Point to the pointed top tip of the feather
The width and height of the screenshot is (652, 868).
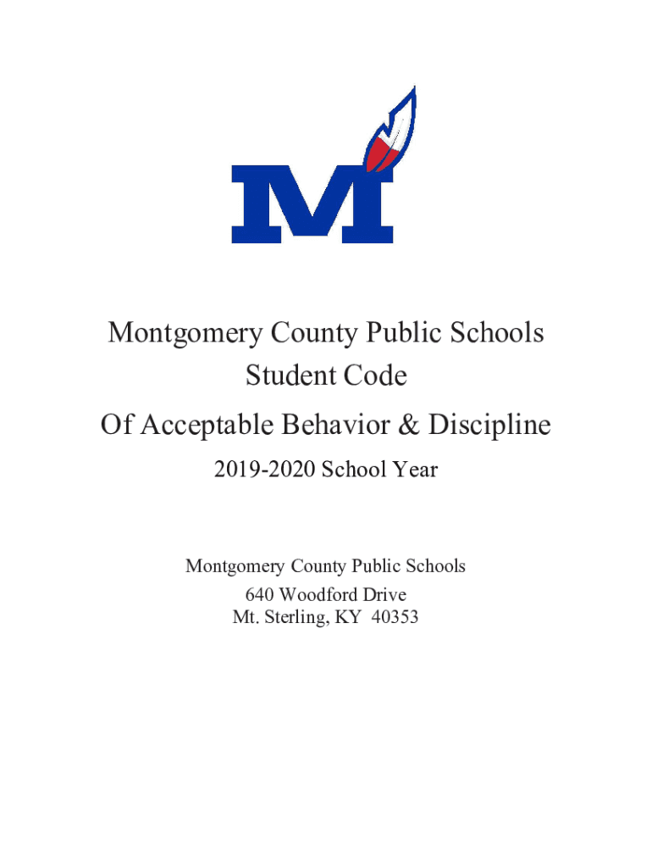click(x=412, y=87)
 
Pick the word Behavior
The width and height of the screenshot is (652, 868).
click(x=347, y=425)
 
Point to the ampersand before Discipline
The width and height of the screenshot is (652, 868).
click(x=411, y=425)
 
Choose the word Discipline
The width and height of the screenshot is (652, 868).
click(x=489, y=425)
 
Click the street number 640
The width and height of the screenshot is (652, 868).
click(x=260, y=594)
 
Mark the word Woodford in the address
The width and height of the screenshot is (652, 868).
click(x=320, y=594)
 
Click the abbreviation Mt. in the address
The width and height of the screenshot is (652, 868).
click(x=245, y=618)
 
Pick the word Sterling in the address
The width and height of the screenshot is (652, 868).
click(x=293, y=618)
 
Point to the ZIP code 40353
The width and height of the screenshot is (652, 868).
click(x=395, y=618)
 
